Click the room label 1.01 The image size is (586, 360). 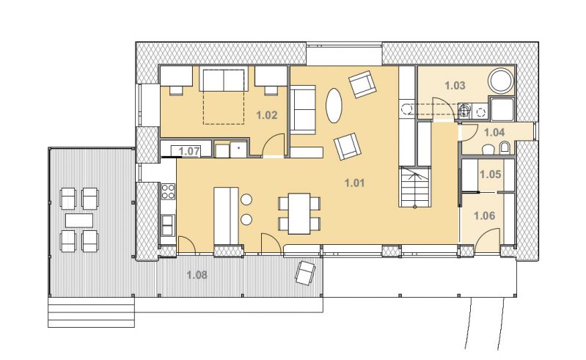(354, 183)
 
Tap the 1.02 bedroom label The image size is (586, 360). (267, 115)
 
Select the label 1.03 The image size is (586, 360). (455, 86)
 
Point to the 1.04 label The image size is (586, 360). (494, 132)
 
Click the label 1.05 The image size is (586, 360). (490, 174)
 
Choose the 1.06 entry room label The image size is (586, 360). (484, 216)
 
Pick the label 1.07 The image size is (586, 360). (189, 151)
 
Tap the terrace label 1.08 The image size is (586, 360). (197, 275)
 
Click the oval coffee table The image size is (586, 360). (334, 106)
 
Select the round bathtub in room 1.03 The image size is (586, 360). (501, 81)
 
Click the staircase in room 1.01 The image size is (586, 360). (415, 187)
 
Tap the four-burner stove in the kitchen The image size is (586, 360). (168, 191)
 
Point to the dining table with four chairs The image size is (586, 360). (299, 213)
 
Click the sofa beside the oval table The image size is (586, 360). (303, 110)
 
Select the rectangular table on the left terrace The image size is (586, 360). (79, 220)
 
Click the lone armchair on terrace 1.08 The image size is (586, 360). (305, 273)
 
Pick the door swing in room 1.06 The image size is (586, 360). (488, 237)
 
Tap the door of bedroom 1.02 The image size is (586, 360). (273, 144)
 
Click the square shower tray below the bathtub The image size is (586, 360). (502, 109)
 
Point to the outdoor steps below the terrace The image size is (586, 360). (91, 312)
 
